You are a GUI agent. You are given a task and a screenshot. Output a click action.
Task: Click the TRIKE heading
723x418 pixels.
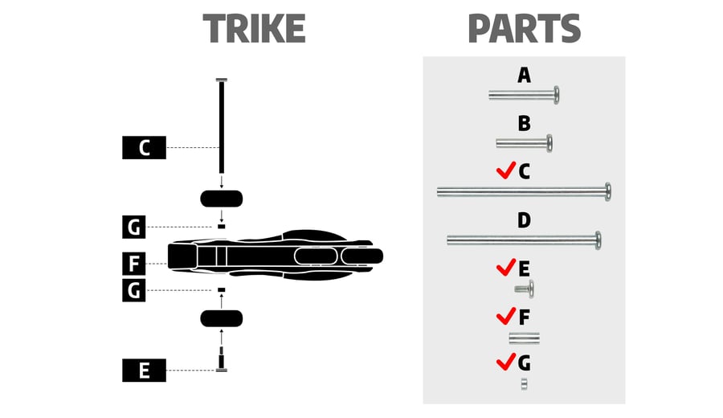254,29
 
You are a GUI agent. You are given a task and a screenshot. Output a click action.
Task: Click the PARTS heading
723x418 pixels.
525,29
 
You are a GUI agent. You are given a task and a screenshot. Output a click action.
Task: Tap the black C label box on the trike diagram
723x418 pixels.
144,148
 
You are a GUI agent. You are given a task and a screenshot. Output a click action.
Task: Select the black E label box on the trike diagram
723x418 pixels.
144,371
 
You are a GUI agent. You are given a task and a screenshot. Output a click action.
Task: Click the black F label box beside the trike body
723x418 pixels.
133,264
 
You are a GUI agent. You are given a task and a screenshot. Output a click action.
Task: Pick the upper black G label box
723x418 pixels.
133,227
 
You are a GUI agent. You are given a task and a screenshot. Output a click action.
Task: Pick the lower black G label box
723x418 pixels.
133,290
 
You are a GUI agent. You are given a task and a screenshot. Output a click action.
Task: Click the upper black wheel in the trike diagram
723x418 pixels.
222,199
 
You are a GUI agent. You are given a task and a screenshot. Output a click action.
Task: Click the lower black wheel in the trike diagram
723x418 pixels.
222,319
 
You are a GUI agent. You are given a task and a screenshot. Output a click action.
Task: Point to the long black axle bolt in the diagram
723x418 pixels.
222,126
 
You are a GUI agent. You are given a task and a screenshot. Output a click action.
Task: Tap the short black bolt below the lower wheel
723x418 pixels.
222,359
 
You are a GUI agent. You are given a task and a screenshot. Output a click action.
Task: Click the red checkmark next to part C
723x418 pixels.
506,170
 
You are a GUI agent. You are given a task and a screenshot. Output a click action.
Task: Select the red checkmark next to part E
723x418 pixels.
506,268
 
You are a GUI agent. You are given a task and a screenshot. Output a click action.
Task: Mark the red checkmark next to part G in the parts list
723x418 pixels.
506,362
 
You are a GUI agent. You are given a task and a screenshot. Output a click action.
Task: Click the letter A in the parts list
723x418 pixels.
524,75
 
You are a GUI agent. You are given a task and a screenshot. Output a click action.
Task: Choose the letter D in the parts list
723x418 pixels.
524,220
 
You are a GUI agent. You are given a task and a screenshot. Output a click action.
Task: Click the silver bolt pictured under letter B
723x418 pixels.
525,143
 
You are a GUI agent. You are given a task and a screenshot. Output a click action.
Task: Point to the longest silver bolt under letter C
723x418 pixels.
525,191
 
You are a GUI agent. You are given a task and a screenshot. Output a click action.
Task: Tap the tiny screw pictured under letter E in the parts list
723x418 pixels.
525,289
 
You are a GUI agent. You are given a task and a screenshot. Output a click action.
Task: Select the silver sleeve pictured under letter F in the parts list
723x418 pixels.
525,338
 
